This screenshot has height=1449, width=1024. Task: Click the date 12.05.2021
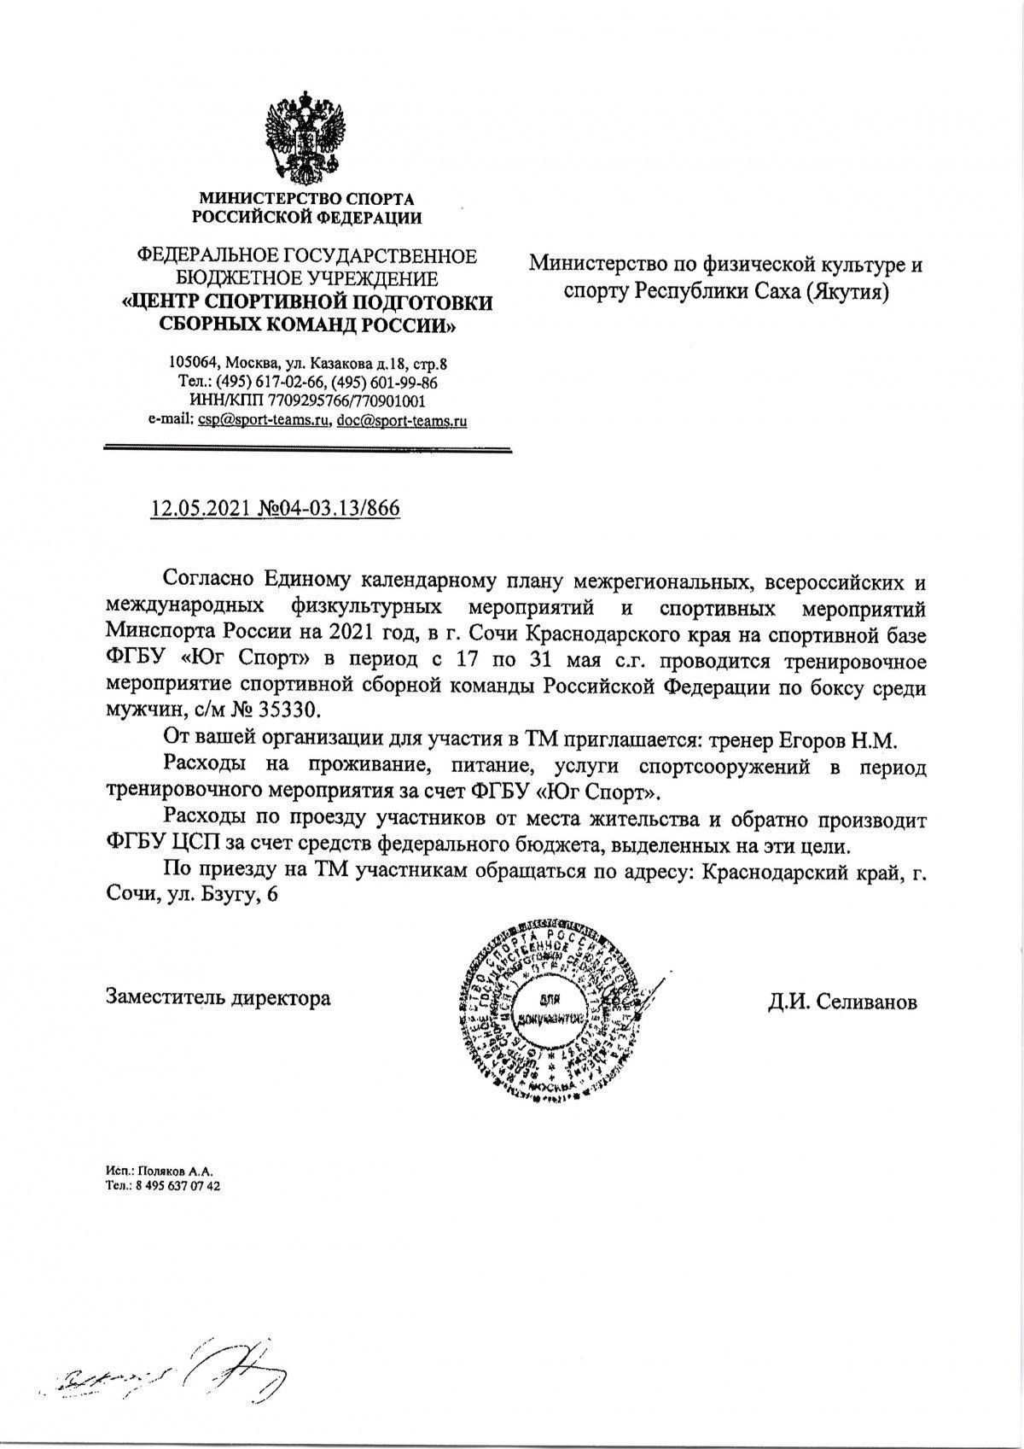201,509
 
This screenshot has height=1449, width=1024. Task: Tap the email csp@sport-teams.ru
264,420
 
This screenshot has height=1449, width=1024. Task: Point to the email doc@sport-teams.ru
402,420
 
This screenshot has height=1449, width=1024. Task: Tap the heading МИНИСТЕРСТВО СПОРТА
307,199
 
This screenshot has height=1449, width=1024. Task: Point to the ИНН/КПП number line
306,401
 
